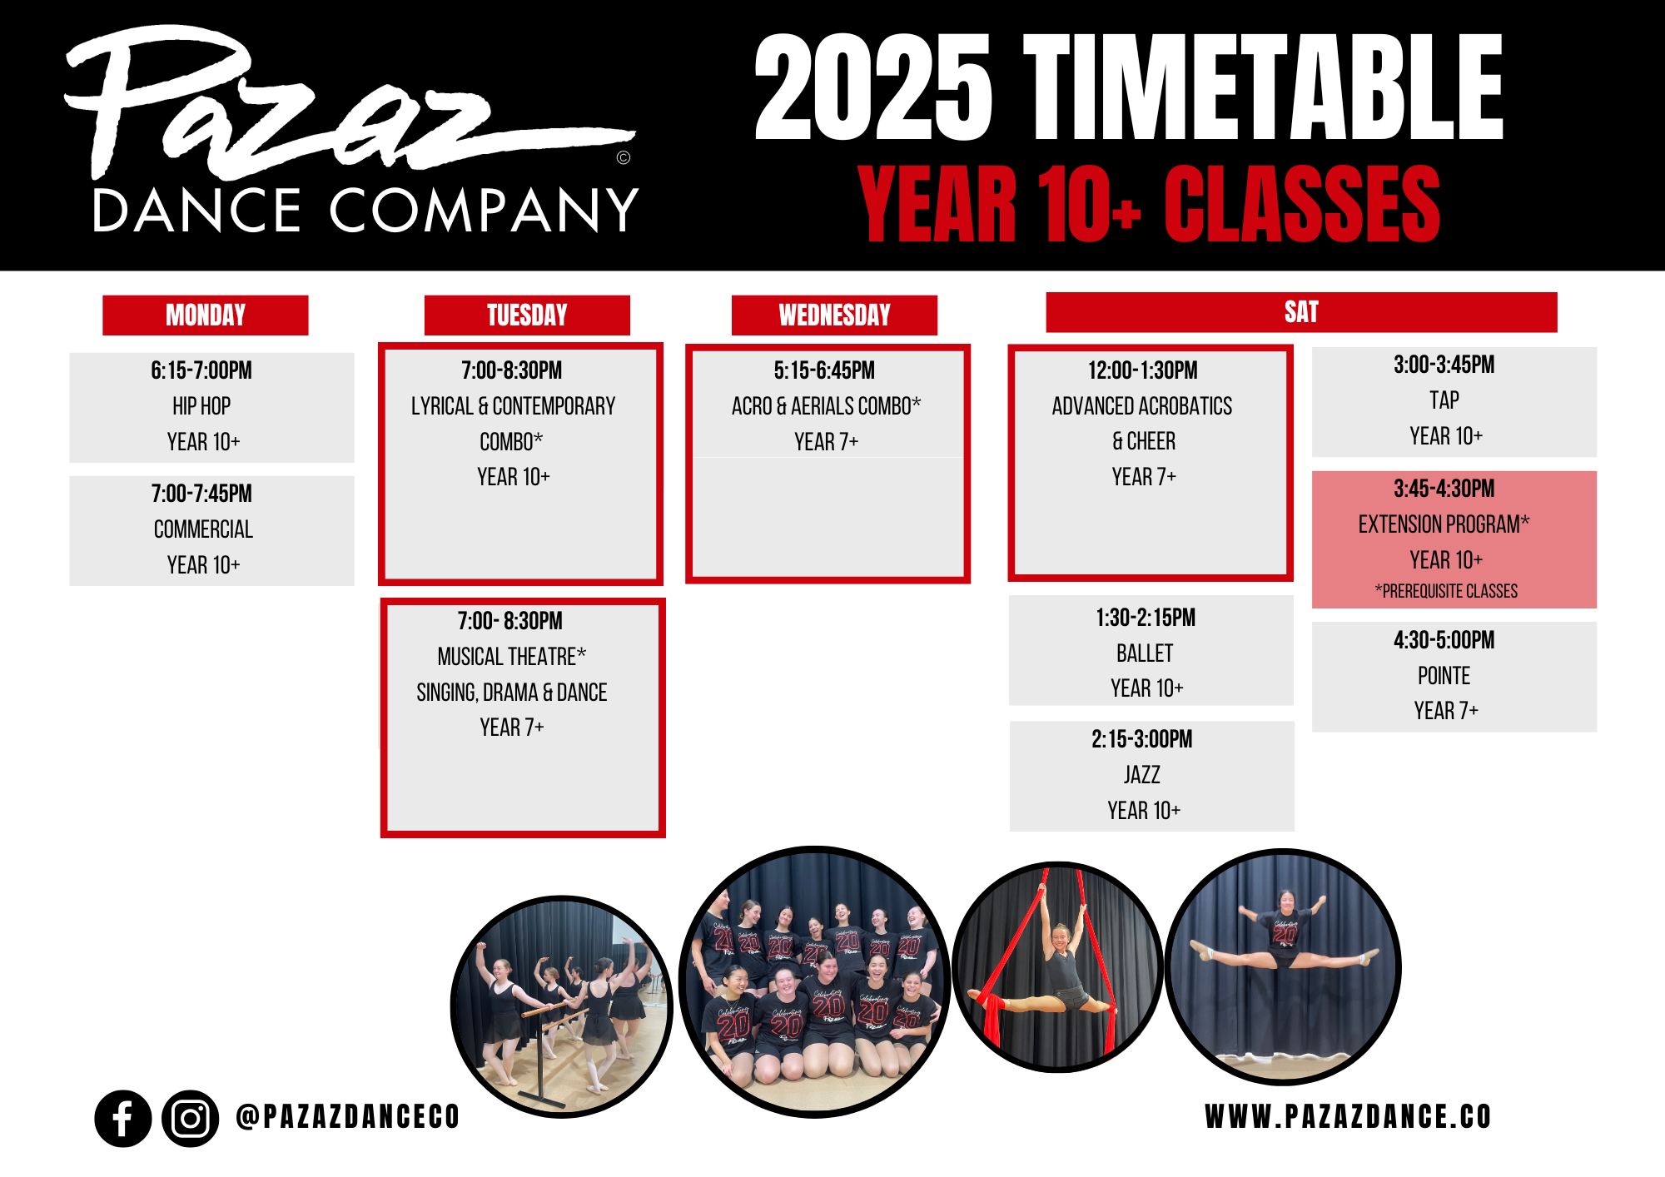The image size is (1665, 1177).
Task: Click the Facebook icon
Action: tap(123, 1119)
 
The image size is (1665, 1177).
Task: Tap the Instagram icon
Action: tap(191, 1119)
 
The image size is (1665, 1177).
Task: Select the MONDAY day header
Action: tap(206, 315)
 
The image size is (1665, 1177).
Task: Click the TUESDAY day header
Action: tap(527, 315)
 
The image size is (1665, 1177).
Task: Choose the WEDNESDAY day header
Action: tap(834, 315)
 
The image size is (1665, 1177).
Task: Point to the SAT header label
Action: tap(1301, 312)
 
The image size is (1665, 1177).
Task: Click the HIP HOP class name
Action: tap(201, 406)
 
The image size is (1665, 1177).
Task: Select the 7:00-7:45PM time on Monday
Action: tap(201, 494)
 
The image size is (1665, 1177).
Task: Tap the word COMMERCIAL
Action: tap(203, 529)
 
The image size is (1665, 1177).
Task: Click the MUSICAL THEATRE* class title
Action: tap(512, 657)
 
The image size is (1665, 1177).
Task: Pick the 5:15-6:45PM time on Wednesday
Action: tap(824, 370)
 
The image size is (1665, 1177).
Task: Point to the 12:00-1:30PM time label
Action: tap(1143, 370)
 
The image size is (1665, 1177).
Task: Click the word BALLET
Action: tap(1145, 653)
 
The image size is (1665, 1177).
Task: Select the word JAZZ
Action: tap(1142, 775)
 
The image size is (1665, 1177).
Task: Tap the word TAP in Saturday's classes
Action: tap(1444, 400)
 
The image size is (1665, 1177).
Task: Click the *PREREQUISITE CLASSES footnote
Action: tap(1446, 591)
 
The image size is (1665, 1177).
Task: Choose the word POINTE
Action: tap(1444, 676)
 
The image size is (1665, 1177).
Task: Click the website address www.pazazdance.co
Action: tap(1348, 1117)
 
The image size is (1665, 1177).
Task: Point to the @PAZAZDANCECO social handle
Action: tap(348, 1117)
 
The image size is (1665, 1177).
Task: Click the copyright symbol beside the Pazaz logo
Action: tap(624, 157)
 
